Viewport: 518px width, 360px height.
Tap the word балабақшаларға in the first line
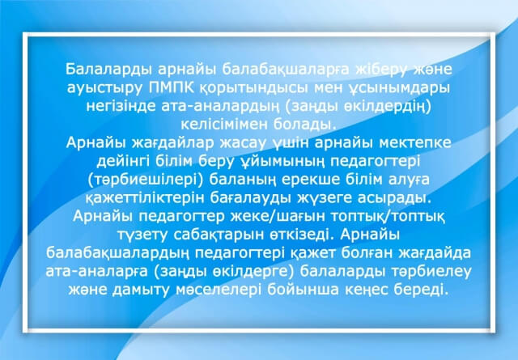point(286,70)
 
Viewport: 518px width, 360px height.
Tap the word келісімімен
point(225,125)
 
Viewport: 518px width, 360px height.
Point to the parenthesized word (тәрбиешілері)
point(146,180)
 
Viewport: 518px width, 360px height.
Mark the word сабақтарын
point(217,235)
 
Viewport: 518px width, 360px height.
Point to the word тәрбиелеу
point(431,272)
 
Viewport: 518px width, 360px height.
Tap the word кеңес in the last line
point(367,290)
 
